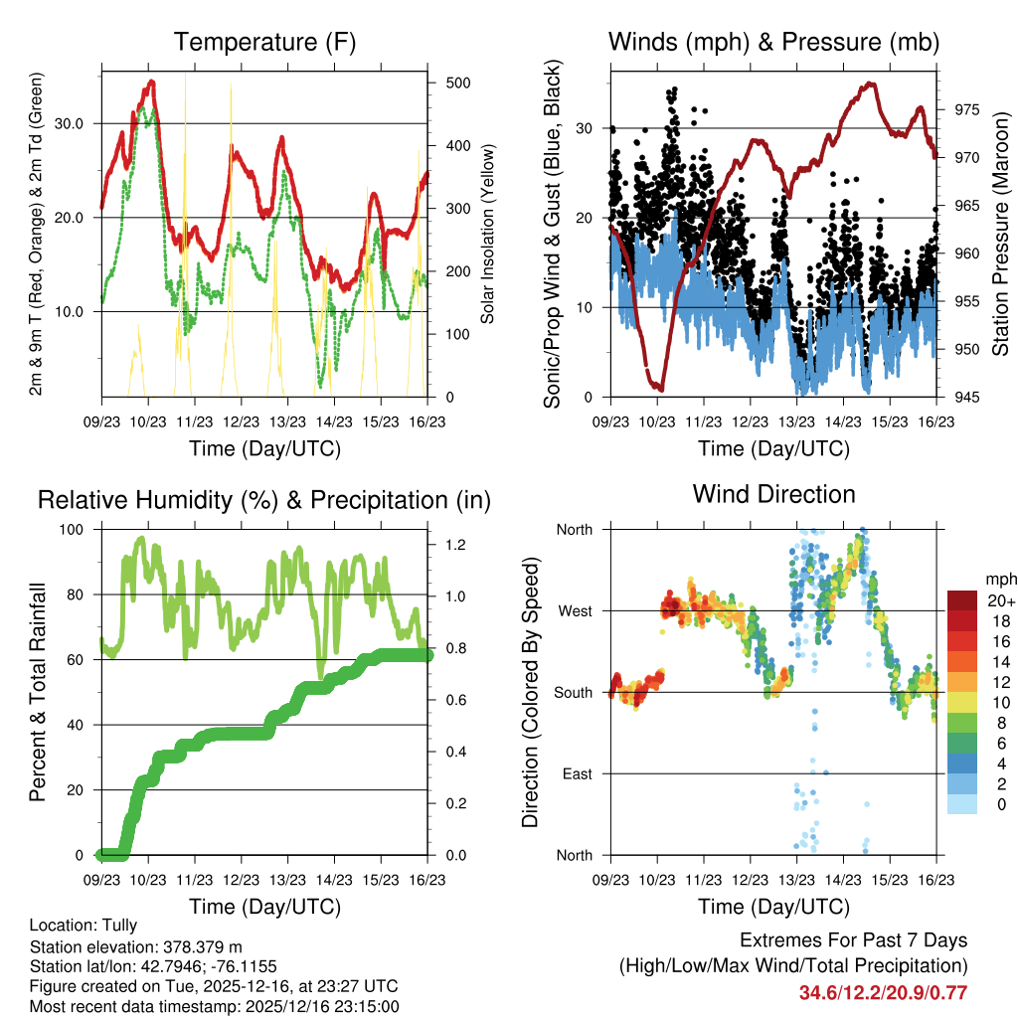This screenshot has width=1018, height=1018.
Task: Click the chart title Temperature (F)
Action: click(263, 42)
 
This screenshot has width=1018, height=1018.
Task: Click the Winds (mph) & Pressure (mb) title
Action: click(773, 42)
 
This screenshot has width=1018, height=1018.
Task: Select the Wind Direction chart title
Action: click(773, 493)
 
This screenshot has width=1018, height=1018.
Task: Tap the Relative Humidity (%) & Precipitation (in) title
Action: click(263, 500)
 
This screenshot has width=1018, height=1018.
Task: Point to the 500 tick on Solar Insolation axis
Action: click(458, 83)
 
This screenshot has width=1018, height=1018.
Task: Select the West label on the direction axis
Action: click(575, 611)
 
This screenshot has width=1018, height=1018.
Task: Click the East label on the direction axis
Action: click(577, 773)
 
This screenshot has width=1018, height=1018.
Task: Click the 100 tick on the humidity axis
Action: click(73, 530)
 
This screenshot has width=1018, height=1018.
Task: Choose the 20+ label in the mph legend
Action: click(999, 600)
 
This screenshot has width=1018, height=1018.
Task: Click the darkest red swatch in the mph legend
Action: click(961, 600)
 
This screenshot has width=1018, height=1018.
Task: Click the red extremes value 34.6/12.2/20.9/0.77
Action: click(883, 992)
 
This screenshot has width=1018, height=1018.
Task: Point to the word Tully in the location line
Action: click(117, 926)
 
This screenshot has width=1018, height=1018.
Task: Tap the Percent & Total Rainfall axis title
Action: click(37, 692)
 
